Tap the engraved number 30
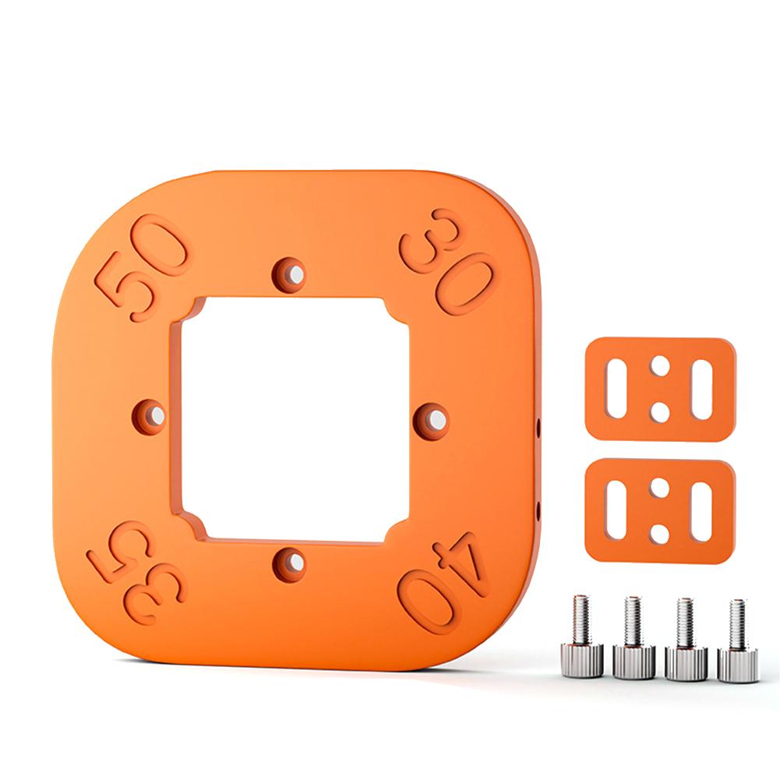[447, 262]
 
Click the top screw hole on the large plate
[290, 274]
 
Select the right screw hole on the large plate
[433, 418]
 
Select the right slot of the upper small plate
[703, 390]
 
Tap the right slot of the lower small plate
[702, 511]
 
